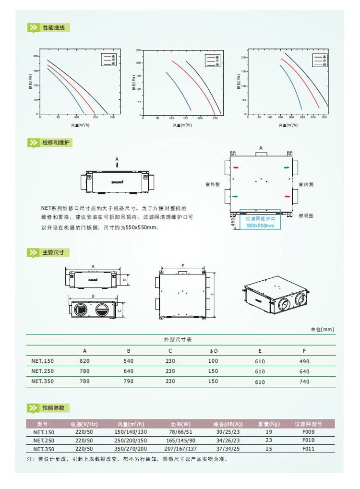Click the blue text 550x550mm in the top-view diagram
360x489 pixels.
(x=260, y=225)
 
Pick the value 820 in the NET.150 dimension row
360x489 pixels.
(x=85, y=361)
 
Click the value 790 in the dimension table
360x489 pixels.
(x=129, y=382)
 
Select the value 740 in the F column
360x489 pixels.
(x=304, y=382)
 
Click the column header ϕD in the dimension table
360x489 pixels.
(x=213, y=351)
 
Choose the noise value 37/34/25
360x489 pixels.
(x=228, y=449)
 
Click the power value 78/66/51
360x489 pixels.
(x=180, y=432)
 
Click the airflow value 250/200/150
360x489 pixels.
(x=131, y=440)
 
